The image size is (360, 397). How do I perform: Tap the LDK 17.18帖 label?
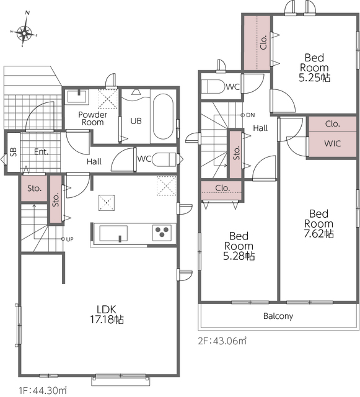(107, 314)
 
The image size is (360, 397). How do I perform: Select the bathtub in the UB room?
(163, 117)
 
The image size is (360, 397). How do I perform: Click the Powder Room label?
(92, 118)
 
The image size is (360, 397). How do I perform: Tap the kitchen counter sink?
(113, 233)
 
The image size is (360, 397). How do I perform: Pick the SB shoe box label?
(13, 151)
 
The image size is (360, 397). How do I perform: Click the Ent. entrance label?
(42, 152)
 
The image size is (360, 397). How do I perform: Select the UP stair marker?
(68, 239)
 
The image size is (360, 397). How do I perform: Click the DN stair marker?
(248, 115)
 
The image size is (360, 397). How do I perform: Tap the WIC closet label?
(332, 143)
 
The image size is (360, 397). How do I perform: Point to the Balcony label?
(278, 316)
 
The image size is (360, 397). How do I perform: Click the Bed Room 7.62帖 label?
(318, 224)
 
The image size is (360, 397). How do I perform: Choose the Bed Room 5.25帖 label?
(315, 68)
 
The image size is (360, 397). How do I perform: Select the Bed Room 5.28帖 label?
(239, 246)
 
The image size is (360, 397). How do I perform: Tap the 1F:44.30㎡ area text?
(43, 390)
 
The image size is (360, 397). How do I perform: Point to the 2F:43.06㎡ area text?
(222, 341)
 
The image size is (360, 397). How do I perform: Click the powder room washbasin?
(77, 97)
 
